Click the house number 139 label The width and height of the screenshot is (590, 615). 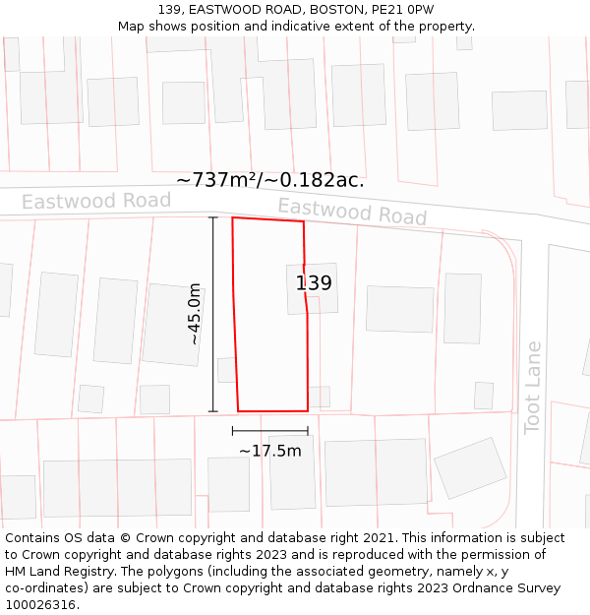(314, 283)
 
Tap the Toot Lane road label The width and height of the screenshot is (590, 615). (533, 387)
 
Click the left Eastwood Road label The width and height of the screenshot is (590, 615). (96, 202)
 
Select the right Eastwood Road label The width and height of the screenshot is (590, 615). (352, 211)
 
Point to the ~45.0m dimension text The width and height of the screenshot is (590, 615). (195, 313)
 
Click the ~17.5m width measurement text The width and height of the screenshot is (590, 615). (269, 451)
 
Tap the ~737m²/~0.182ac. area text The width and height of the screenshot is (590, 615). (270, 180)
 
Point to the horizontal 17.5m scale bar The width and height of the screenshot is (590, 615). (269, 430)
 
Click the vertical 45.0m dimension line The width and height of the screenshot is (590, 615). (213, 313)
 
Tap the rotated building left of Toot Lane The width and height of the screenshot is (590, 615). (470, 467)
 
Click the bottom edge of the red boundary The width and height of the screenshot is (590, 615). (272, 410)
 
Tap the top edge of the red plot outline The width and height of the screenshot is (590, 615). (267, 219)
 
